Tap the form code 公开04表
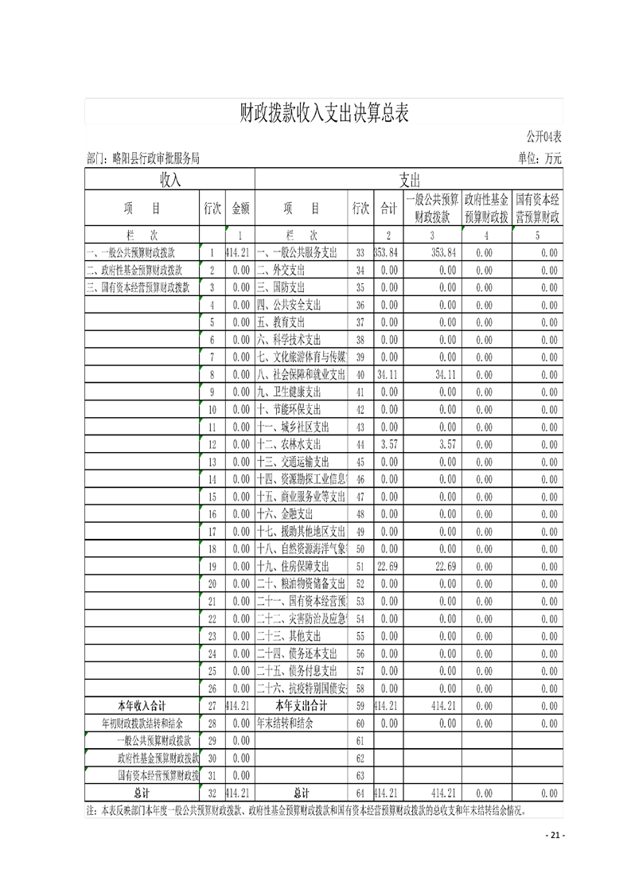543,137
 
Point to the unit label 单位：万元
539,159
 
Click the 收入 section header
170,179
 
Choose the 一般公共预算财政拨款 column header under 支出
432,208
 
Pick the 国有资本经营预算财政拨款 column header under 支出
537,208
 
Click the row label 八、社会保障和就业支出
302,374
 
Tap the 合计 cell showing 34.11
388,374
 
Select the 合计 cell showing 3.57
388,444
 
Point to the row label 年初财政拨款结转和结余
142,723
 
